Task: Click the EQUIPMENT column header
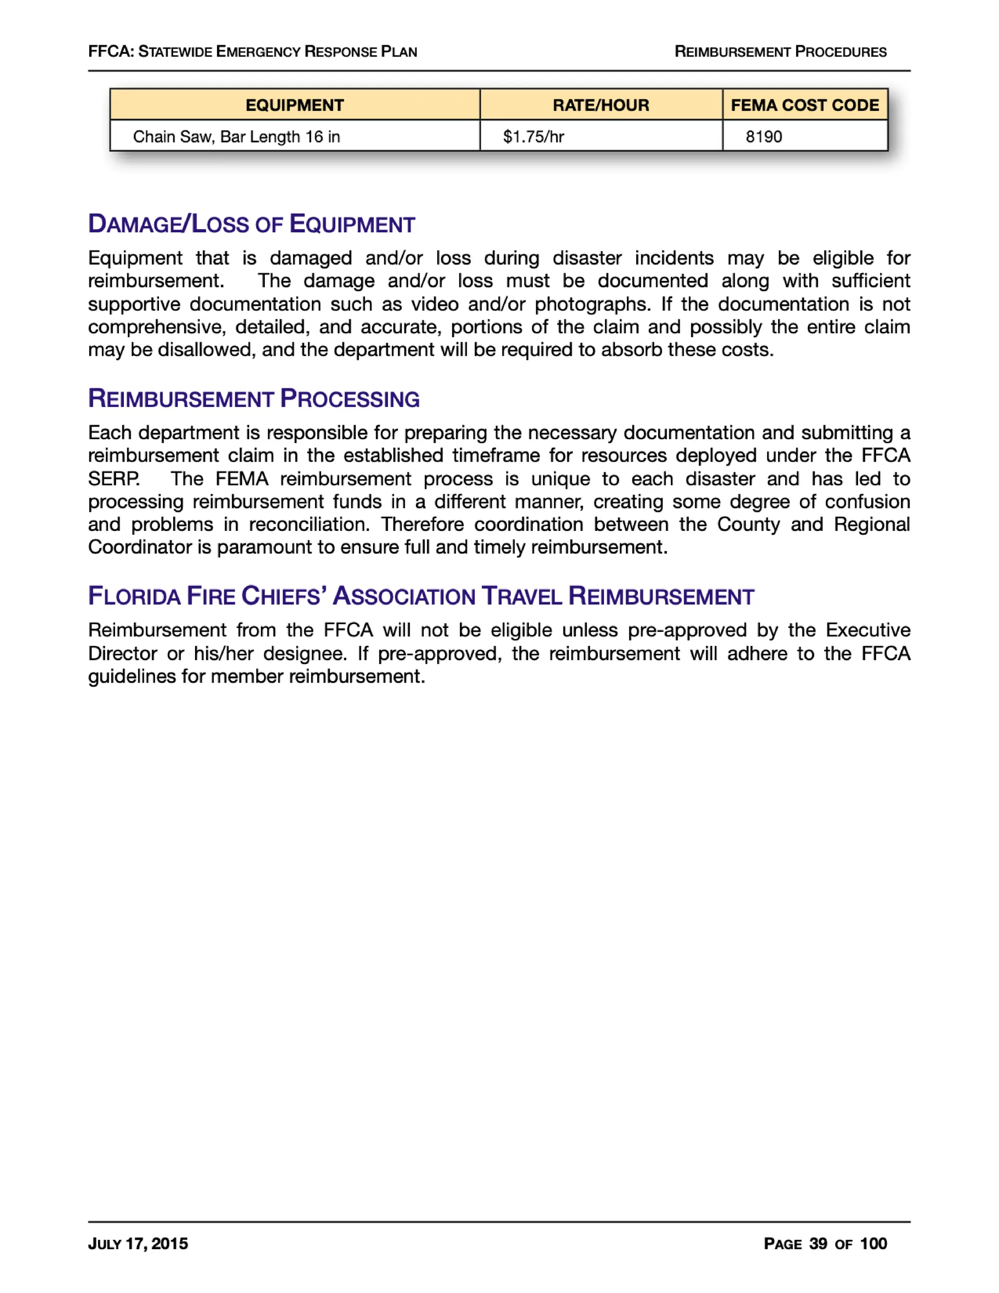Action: point(294,105)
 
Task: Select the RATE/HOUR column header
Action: point(600,105)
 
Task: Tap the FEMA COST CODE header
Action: point(804,105)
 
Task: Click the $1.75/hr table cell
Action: point(533,137)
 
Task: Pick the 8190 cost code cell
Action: point(763,137)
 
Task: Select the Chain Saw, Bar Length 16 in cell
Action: point(236,137)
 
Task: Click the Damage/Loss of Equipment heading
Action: point(252,224)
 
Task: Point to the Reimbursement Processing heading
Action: point(254,399)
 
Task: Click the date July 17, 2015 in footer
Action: point(138,1243)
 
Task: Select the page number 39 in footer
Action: point(818,1243)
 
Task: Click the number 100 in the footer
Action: point(873,1243)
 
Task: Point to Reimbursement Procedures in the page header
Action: point(780,52)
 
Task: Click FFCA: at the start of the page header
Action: point(111,52)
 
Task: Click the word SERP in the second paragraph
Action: point(114,478)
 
